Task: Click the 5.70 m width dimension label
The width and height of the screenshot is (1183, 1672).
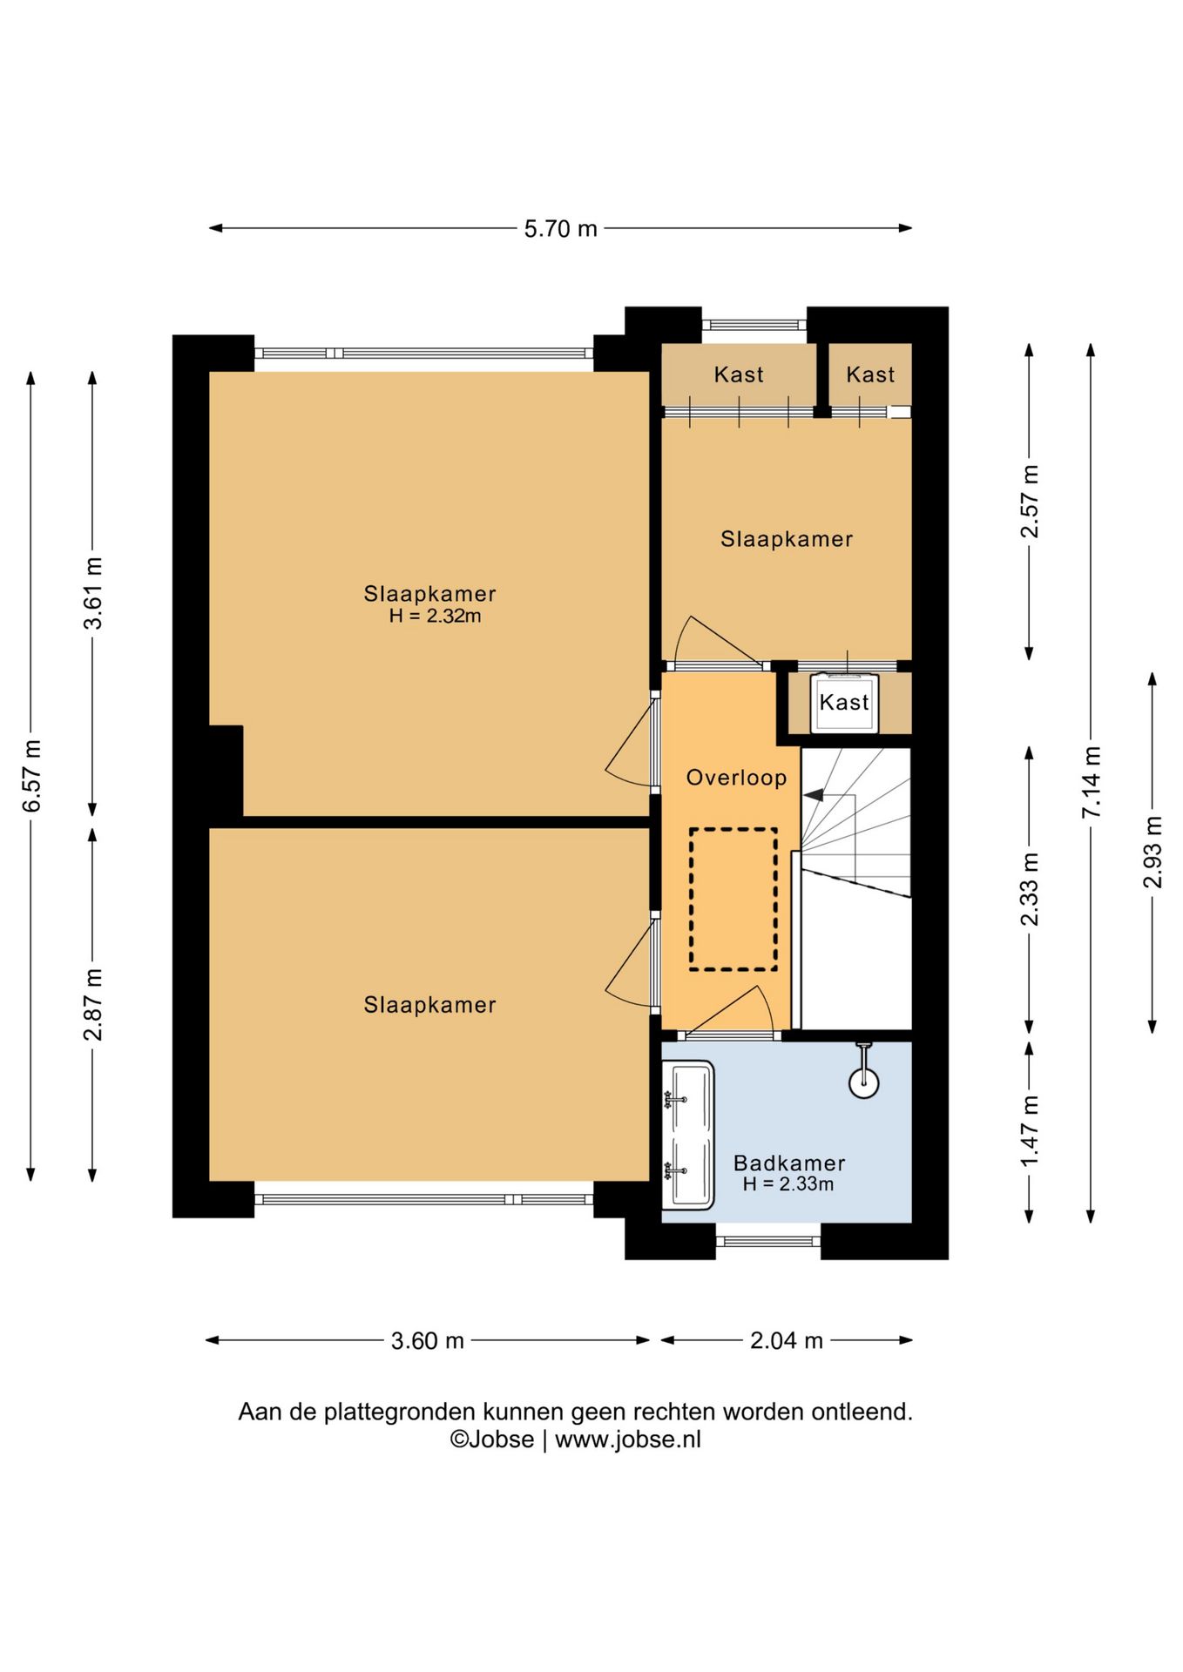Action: pos(560,228)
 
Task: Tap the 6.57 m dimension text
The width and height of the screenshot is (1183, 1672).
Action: pos(31,776)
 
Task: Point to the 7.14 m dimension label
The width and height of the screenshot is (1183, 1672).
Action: pos(1092,781)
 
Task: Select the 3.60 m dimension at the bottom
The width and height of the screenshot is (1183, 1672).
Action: pos(427,1340)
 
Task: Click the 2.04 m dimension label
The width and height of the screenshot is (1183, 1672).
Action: pos(787,1340)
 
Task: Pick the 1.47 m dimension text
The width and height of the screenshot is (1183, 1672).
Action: pos(1030,1131)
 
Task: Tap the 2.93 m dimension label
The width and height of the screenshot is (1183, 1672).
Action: pos(1153,852)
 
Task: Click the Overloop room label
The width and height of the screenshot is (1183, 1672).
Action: pos(736,778)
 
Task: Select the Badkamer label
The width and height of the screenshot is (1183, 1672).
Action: pos(789,1163)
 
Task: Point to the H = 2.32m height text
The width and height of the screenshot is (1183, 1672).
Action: pos(435,616)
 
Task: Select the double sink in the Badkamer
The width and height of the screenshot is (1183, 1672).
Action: pos(688,1135)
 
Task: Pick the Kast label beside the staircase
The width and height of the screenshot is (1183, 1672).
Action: pos(844,702)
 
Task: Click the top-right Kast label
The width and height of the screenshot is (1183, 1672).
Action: pos(870,374)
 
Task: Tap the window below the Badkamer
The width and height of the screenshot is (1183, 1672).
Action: pos(768,1241)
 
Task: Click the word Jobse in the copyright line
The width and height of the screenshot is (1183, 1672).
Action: pos(501,1439)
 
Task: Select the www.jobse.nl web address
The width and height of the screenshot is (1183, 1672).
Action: pos(628,1439)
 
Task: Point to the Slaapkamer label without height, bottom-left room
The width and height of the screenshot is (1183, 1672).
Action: pos(429,1005)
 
